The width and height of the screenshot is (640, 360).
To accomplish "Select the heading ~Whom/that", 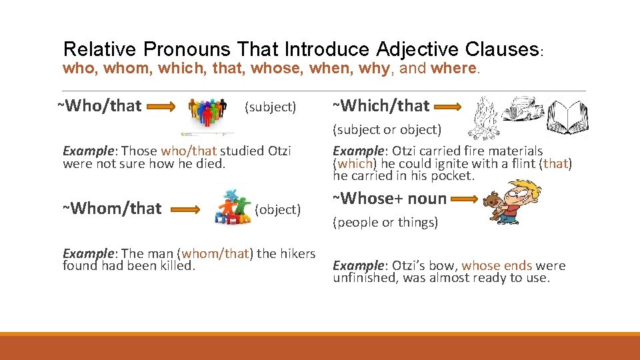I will [112, 209].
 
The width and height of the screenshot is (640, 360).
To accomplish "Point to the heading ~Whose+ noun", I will [390, 198].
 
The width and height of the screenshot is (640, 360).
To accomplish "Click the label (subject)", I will [270, 107].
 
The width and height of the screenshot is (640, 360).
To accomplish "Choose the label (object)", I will [278, 209].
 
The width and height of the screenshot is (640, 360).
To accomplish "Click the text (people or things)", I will [385, 223].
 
